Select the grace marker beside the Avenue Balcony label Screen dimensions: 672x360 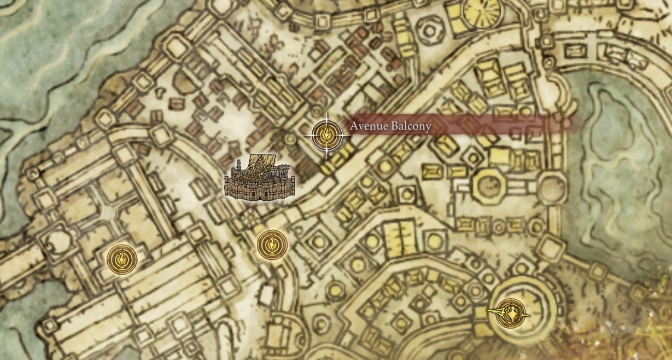[327, 134]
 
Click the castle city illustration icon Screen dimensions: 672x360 [260, 177]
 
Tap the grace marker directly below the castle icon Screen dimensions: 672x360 [272, 245]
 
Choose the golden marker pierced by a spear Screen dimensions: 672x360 [511, 313]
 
